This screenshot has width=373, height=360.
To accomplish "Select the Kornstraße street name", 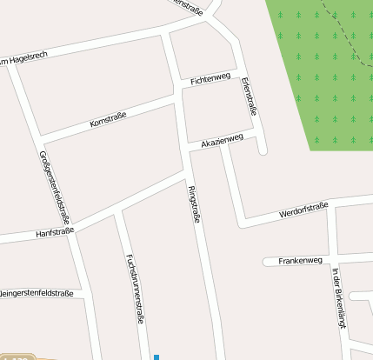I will (109, 120).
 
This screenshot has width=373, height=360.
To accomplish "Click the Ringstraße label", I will (194, 205).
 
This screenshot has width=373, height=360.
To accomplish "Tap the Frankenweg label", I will (300, 260).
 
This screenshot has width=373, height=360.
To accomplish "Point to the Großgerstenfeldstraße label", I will (54, 187).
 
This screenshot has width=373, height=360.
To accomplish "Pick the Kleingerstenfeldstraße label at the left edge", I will (37, 293).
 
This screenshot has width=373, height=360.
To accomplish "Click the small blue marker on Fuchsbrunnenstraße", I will (157, 356).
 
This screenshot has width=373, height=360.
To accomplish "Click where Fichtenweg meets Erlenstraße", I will (238, 73).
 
